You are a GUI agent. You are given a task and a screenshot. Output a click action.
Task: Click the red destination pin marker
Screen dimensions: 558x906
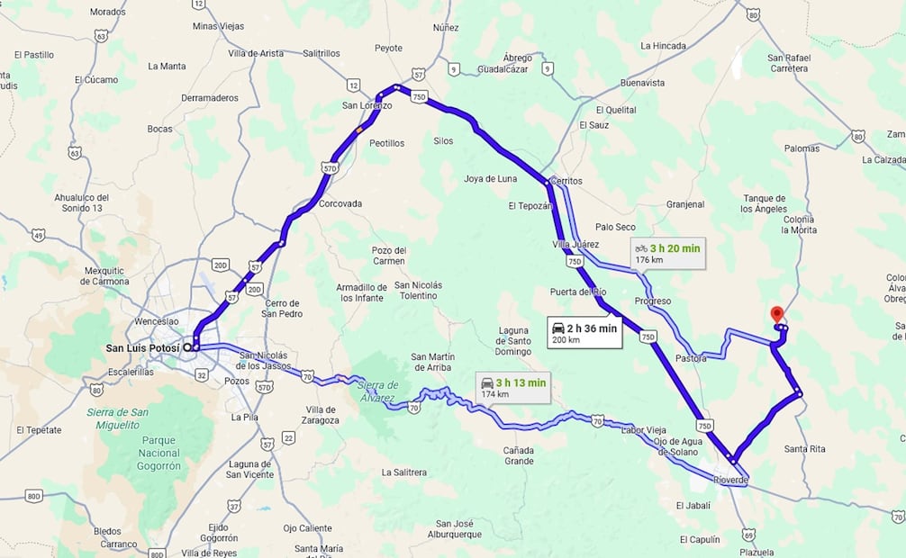coord(777,314)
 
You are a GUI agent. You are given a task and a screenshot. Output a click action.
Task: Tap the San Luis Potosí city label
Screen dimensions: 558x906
coord(142,348)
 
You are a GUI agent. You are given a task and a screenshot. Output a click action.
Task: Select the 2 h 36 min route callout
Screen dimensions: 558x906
coord(584,332)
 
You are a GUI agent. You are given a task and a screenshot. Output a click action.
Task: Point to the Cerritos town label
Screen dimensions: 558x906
coord(566,181)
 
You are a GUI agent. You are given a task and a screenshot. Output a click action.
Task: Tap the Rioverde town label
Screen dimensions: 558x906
coord(730,480)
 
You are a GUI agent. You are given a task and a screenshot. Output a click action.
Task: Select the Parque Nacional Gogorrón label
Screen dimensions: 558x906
coord(149,454)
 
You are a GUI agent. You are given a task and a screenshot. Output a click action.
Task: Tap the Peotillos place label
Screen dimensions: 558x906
coord(386,143)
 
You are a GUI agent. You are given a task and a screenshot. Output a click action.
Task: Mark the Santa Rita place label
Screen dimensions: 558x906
coord(804,449)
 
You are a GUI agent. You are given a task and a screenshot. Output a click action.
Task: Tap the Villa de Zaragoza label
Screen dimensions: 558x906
coord(317,415)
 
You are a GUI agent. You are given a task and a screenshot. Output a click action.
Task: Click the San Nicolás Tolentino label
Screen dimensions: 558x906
coord(419,290)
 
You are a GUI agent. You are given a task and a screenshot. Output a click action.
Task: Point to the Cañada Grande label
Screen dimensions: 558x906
coord(519,455)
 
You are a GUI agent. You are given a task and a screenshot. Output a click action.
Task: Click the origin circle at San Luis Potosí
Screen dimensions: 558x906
coord(187,346)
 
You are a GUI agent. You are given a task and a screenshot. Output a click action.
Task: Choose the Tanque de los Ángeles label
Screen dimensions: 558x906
coord(765,203)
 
